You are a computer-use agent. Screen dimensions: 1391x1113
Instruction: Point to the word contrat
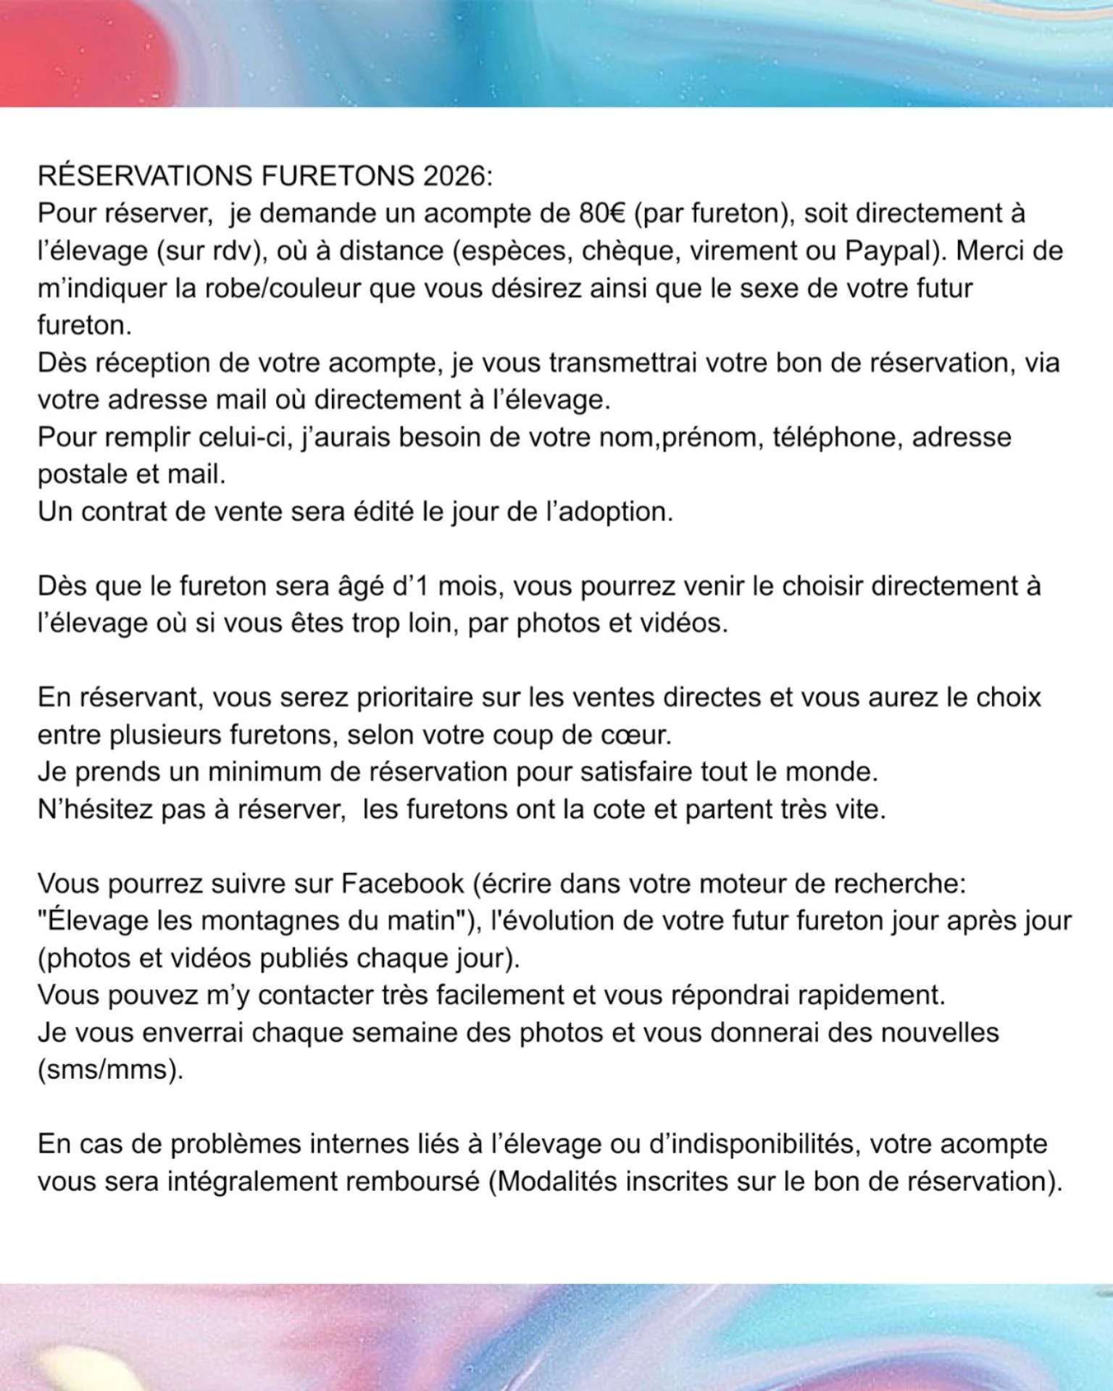tap(124, 511)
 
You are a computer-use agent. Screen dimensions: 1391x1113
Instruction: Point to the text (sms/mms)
tap(110, 1069)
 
